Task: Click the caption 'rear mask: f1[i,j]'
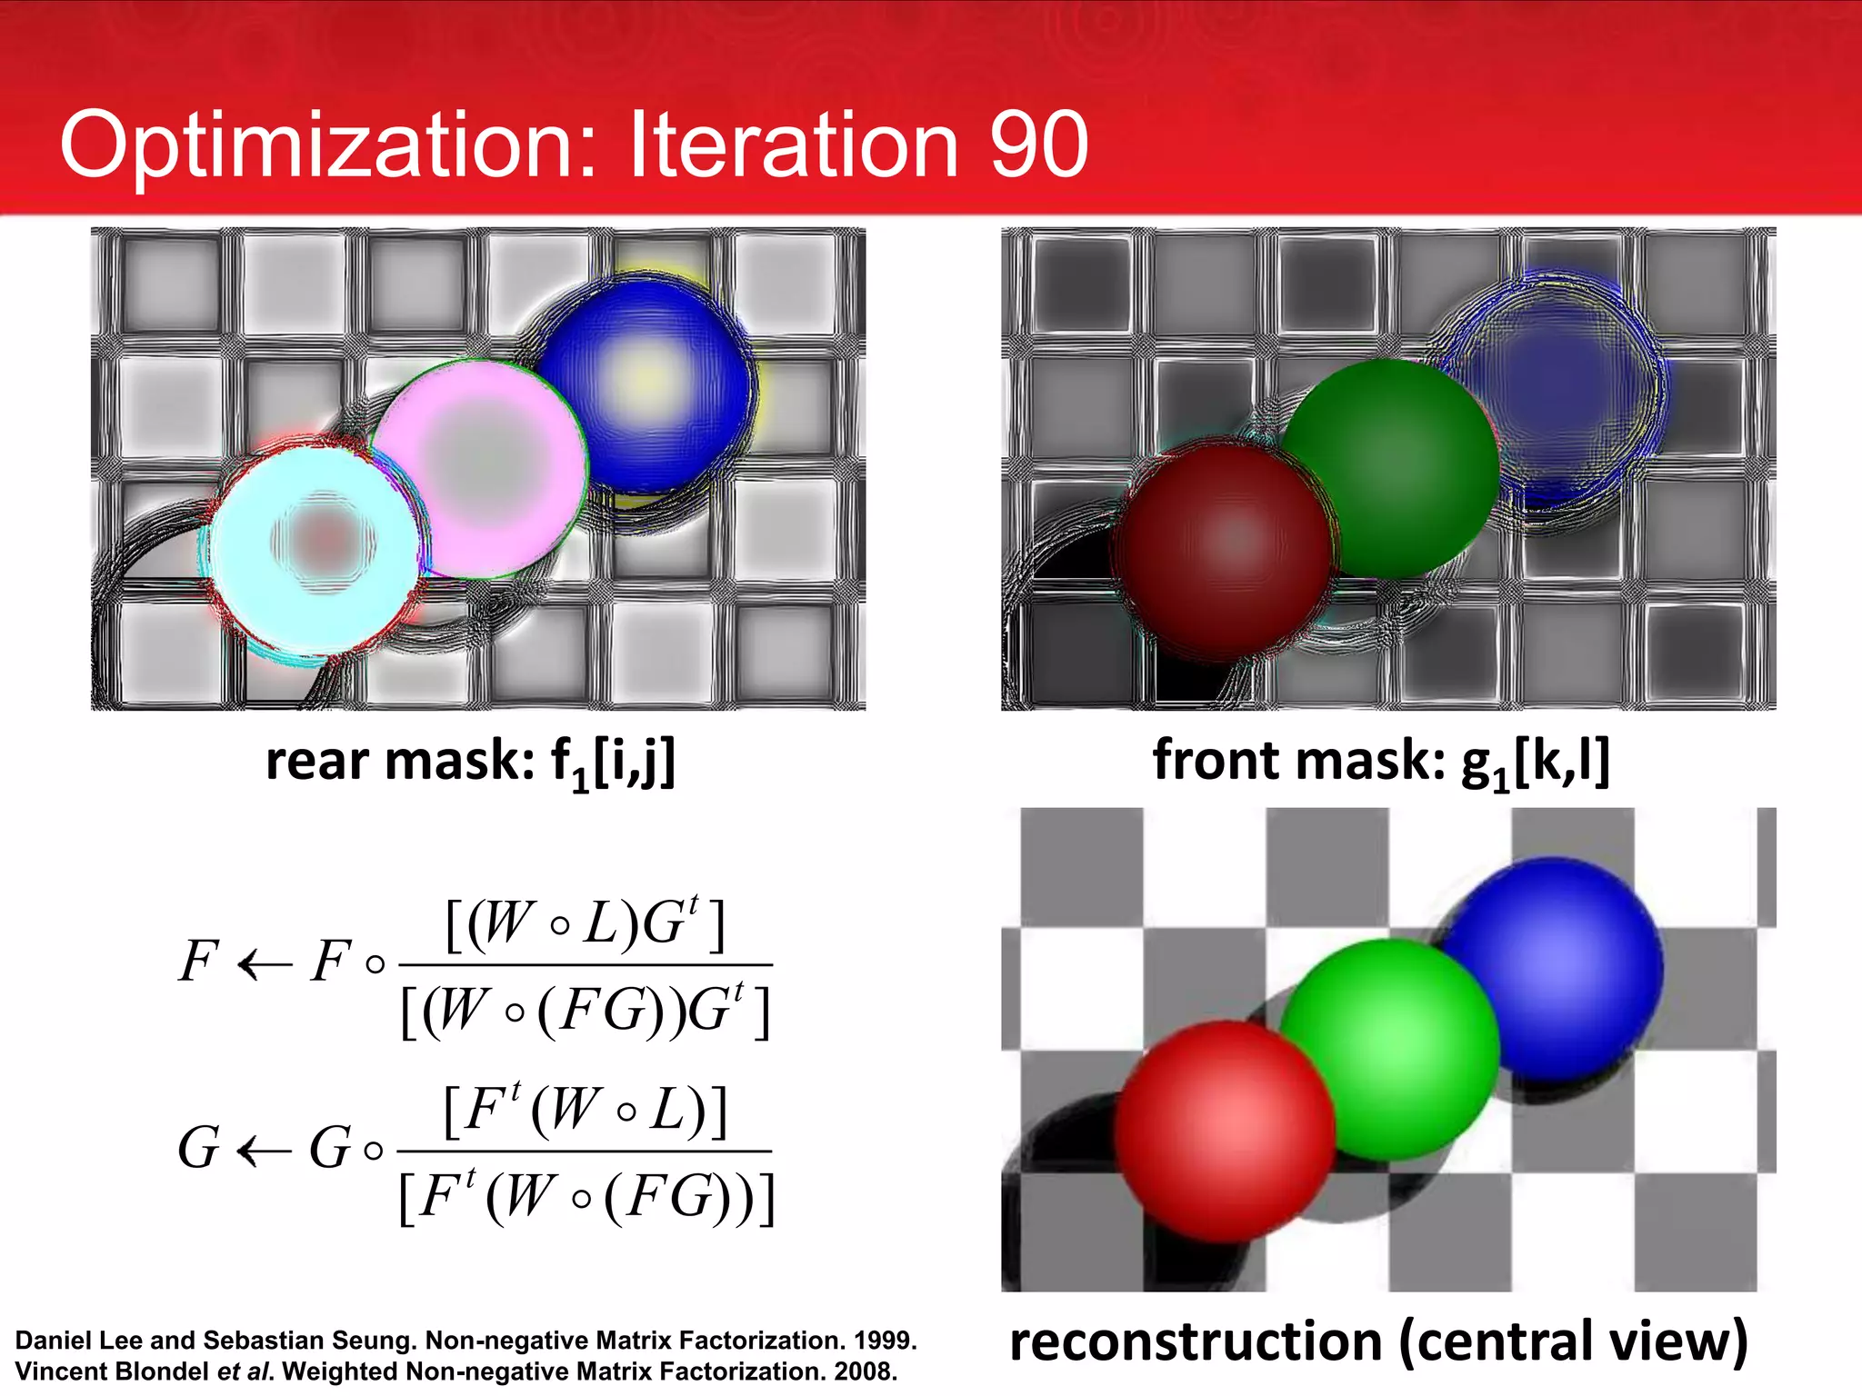click(x=470, y=762)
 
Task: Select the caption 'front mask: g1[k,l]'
click(x=1380, y=762)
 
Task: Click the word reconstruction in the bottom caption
click(x=1196, y=1341)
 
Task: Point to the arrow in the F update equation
click(x=264, y=964)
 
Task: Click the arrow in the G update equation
click(x=264, y=1151)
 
